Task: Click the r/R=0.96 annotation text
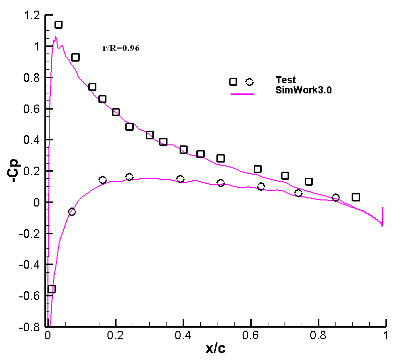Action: pos(121,49)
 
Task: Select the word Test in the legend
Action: pos(286,80)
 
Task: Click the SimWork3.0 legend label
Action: pos(304,90)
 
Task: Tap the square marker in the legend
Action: pos(233,82)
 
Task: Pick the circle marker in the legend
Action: pos(249,82)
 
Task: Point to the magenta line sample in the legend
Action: pos(241,93)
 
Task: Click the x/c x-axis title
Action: pos(217,348)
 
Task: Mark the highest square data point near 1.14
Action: pos(59,25)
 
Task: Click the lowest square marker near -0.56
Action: pos(51,289)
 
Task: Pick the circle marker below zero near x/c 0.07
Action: pos(72,212)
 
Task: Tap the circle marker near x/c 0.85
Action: pos(335,197)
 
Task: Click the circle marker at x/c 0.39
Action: pos(180,179)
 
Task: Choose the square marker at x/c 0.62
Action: pos(258,169)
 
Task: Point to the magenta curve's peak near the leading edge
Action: pos(55,37)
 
